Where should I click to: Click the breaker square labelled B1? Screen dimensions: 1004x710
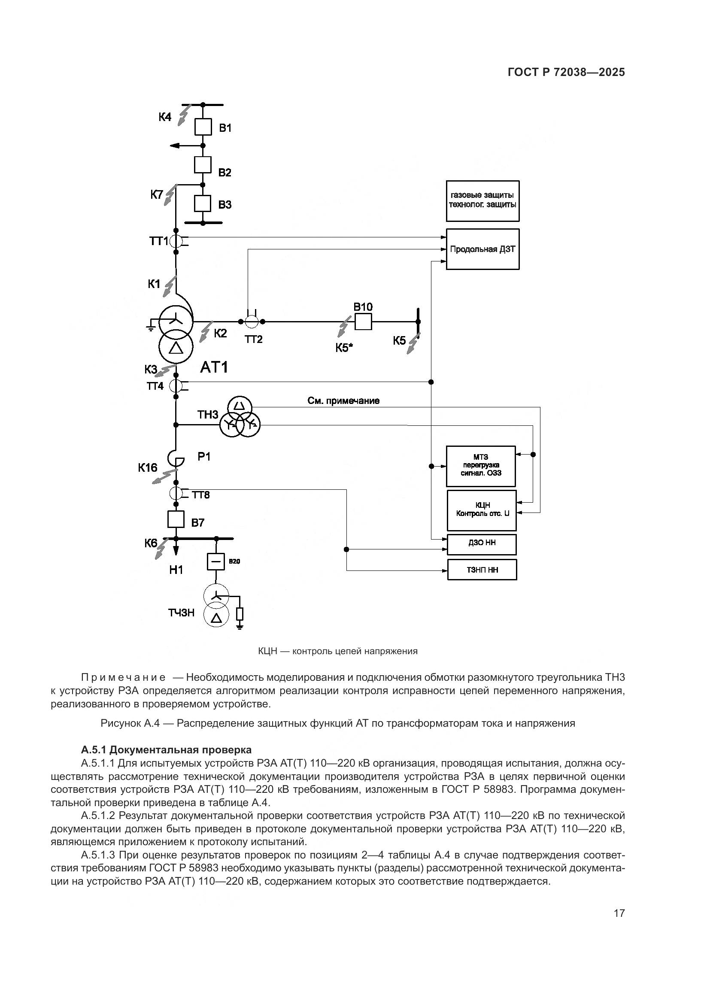click(203, 127)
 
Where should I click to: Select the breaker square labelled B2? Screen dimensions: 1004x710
click(203, 165)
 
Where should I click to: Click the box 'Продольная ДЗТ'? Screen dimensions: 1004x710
click(482, 249)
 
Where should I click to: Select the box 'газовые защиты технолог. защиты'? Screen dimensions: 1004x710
click(482, 201)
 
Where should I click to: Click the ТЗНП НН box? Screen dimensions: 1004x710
click(482, 570)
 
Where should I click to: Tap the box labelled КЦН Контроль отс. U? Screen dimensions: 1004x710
click(482, 510)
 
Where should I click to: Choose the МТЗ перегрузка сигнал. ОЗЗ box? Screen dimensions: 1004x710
click(481, 466)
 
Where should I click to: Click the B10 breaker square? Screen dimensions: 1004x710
click(363, 322)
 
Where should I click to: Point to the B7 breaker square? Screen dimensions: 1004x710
click(176, 519)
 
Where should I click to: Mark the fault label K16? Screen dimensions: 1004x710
click(148, 468)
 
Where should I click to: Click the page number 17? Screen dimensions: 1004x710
click(619, 913)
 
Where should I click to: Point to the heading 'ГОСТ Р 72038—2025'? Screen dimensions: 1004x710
click(566, 73)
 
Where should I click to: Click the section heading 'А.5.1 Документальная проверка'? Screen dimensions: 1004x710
click(166, 750)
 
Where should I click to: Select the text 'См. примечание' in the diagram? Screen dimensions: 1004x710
click(343, 401)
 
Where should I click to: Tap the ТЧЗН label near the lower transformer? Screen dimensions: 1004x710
click(182, 613)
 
